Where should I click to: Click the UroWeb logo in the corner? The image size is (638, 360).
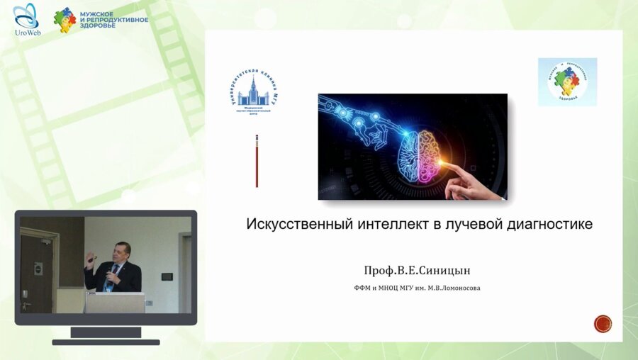(x=27, y=19)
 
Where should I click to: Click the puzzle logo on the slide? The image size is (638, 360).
(x=567, y=82)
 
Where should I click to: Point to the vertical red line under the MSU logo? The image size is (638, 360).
(x=257, y=161)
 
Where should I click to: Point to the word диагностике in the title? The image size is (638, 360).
(x=551, y=224)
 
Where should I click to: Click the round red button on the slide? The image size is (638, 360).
(x=603, y=324)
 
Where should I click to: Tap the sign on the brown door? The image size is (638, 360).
(x=38, y=268)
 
